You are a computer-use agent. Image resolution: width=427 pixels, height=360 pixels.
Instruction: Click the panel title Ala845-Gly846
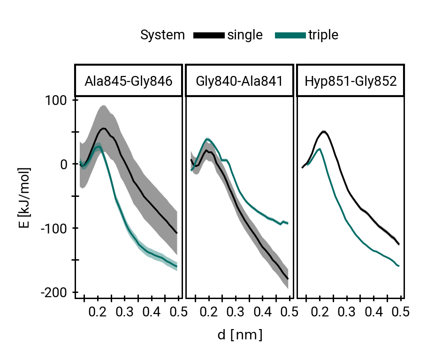coord(128,81)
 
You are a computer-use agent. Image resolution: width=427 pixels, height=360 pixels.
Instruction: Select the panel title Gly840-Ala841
coord(239,81)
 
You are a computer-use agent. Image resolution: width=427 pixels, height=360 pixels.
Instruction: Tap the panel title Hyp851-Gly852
coord(351,81)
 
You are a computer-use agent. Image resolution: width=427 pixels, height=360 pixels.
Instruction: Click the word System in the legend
coord(162,35)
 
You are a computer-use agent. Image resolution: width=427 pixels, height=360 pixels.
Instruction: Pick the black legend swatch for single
coord(209,35)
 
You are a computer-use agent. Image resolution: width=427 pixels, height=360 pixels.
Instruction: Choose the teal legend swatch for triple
coord(290,35)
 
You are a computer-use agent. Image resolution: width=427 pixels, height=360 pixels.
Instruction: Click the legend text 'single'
coord(245,35)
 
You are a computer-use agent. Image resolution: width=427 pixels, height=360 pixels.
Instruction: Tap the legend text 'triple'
coord(323,35)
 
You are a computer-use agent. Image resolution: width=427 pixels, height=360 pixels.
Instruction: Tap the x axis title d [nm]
coord(239,335)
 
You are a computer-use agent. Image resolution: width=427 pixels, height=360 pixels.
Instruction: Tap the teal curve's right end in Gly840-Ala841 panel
coord(287,223)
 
